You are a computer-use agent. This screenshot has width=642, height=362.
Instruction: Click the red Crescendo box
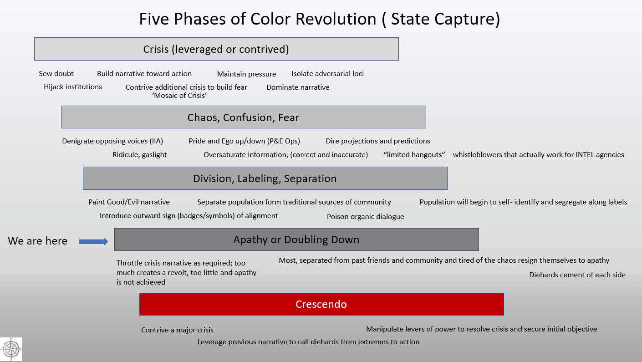pos(321,304)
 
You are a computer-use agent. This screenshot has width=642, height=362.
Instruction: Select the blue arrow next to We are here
pos(93,242)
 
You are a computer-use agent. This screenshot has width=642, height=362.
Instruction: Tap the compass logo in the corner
pos(11,349)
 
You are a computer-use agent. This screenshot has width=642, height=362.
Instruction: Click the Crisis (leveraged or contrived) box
pos(216,49)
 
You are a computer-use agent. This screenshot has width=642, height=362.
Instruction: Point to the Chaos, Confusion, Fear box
pos(244,117)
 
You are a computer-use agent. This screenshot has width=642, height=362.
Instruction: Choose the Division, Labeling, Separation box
pos(265,178)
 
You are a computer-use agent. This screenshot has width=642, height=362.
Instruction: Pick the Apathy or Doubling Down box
pos(296,240)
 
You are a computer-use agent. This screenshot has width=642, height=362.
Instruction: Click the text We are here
pos(37,241)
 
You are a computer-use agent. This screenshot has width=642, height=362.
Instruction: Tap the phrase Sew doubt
pos(56,74)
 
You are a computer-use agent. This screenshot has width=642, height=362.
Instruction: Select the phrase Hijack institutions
pos(73,87)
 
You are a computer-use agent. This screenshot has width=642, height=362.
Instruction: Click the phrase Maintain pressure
pos(246,74)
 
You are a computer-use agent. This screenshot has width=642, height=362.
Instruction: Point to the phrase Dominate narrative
pos(298,87)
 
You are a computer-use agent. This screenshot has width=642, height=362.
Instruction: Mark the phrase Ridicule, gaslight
pos(139,155)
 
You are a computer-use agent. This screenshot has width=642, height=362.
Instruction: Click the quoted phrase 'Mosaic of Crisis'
pos(179,96)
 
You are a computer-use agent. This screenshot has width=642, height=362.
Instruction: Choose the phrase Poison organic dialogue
pos(366,217)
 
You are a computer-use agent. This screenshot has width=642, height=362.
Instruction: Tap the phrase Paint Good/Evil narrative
pos(129,202)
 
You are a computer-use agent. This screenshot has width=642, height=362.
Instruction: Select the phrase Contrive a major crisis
pos(177,330)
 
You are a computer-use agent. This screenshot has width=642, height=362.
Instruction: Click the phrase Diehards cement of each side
pos(577,275)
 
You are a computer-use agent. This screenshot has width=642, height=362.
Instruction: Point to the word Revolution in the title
pos(336,19)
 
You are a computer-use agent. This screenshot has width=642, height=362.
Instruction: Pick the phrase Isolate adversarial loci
pos(327,74)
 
